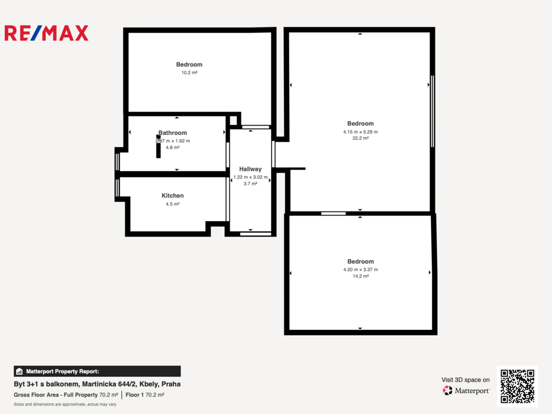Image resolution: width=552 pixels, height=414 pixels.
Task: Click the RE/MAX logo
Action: coord(46,33)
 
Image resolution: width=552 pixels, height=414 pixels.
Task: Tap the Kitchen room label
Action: coord(172,196)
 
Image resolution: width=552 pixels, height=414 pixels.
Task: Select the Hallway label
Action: coord(250,169)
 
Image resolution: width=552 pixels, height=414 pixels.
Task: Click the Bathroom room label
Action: coord(172,133)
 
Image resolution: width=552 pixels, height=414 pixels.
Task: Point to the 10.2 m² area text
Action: coord(189,73)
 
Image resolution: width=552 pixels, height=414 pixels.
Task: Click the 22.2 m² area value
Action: coord(361,138)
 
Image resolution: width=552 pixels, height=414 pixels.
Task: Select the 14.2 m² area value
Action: coord(361,276)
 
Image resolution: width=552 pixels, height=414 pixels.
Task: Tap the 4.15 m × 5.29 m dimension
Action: coord(361,132)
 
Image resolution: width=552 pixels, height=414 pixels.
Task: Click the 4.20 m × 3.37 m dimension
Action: coord(361,270)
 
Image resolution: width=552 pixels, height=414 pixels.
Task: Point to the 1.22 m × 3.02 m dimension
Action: coord(250,177)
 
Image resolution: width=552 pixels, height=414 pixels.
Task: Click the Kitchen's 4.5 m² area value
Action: coord(172,204)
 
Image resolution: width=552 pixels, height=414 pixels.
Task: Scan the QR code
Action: coord(517,386)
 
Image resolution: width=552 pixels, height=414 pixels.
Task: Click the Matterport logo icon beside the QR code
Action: coord(447,390)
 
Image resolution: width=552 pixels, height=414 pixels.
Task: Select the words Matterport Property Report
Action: coord(63,371)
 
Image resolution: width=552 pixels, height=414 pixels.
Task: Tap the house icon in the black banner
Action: coord(19,371)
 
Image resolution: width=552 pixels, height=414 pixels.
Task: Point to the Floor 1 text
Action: coord(134,395)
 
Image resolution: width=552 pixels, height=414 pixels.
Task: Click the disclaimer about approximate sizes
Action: coord(65,404)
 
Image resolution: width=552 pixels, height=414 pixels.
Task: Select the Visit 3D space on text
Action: coord(465,380)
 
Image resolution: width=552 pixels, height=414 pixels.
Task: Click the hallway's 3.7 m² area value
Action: coord(250,184)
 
